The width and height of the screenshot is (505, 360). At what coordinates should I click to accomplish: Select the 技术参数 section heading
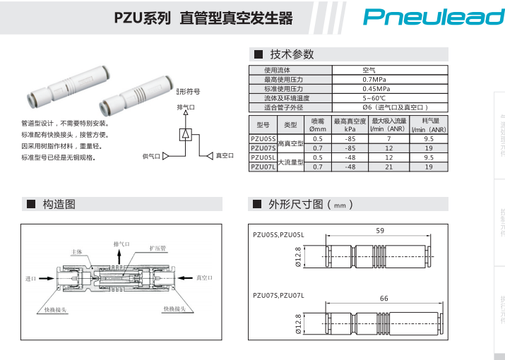292,54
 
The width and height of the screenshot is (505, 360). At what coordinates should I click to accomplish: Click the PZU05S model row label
263,140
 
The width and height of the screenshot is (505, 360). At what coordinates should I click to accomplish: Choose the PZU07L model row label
263,167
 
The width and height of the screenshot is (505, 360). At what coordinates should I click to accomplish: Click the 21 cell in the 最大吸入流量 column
388,167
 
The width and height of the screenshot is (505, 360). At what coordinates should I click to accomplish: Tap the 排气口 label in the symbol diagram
185,107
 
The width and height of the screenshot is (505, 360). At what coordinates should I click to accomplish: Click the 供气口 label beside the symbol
151,155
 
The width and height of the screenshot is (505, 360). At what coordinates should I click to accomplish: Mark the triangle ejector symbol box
185,134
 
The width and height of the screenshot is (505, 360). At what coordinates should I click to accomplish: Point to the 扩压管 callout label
158,248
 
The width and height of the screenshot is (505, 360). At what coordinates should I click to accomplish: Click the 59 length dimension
380,231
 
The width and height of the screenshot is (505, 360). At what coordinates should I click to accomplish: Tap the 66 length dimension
384,299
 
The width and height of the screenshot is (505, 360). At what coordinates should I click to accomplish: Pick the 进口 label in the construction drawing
30,279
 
